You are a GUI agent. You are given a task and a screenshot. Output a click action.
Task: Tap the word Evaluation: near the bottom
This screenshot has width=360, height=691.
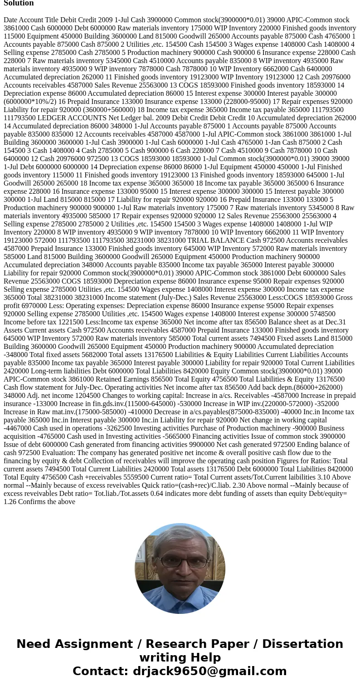point(21,453)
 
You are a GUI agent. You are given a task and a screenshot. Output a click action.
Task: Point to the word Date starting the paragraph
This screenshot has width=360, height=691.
point(11,20)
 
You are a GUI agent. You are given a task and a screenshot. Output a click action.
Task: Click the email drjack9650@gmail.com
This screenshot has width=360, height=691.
point(209,671)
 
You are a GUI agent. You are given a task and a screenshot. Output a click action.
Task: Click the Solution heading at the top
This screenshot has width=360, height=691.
point(19,3)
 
